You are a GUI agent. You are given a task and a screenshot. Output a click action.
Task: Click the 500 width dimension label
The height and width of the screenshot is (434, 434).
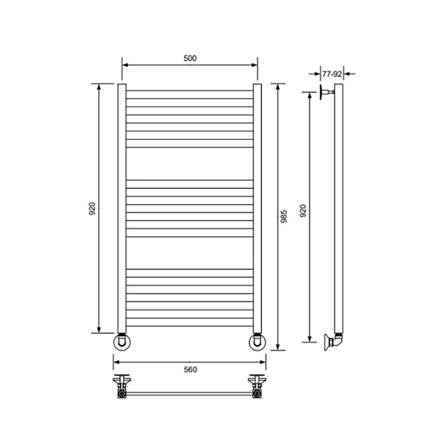point(190,58)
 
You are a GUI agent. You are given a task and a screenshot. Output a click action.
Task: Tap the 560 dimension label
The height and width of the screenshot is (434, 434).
point(190,370)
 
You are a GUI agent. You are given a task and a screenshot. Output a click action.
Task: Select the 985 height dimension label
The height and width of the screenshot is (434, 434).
point(284,216)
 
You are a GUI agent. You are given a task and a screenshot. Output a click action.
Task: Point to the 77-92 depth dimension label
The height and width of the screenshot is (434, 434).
point(332,74)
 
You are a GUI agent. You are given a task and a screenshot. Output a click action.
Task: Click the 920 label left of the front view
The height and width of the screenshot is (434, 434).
point(92,208)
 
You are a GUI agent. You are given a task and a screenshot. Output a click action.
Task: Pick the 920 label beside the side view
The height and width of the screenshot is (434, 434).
point(303,211)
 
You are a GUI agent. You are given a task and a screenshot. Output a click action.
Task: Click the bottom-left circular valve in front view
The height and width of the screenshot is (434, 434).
point(122,342)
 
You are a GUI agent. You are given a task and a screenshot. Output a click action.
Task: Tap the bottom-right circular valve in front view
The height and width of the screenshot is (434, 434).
point(257,342)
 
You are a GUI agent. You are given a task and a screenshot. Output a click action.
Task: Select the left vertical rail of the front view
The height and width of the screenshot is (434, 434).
point(122,208)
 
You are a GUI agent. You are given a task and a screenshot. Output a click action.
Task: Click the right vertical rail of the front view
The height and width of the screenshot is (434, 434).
point(257,208)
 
